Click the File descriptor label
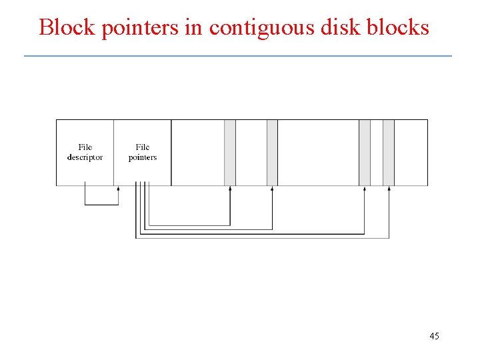click(x=85, y=152)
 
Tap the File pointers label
click(x=143, y=152)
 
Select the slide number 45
click(x=434, y=336)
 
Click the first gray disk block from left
click(x=230, y=152)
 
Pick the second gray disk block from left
click(x=272, y=152)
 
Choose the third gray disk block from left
click(x=365, y=152)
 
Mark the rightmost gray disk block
click(x=389, y=152)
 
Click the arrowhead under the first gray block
click(x=230, y=189)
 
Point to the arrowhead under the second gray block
click(x=272, y=189)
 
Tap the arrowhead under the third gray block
click(x=365, y=189)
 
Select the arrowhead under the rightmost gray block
click(x=389, y=189)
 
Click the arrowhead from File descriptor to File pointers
click(x=118, y=189)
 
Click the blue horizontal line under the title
click(x=238, y=56)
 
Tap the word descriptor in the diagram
click(x=85, y=157)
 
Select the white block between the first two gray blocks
click(x=251, y=152)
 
